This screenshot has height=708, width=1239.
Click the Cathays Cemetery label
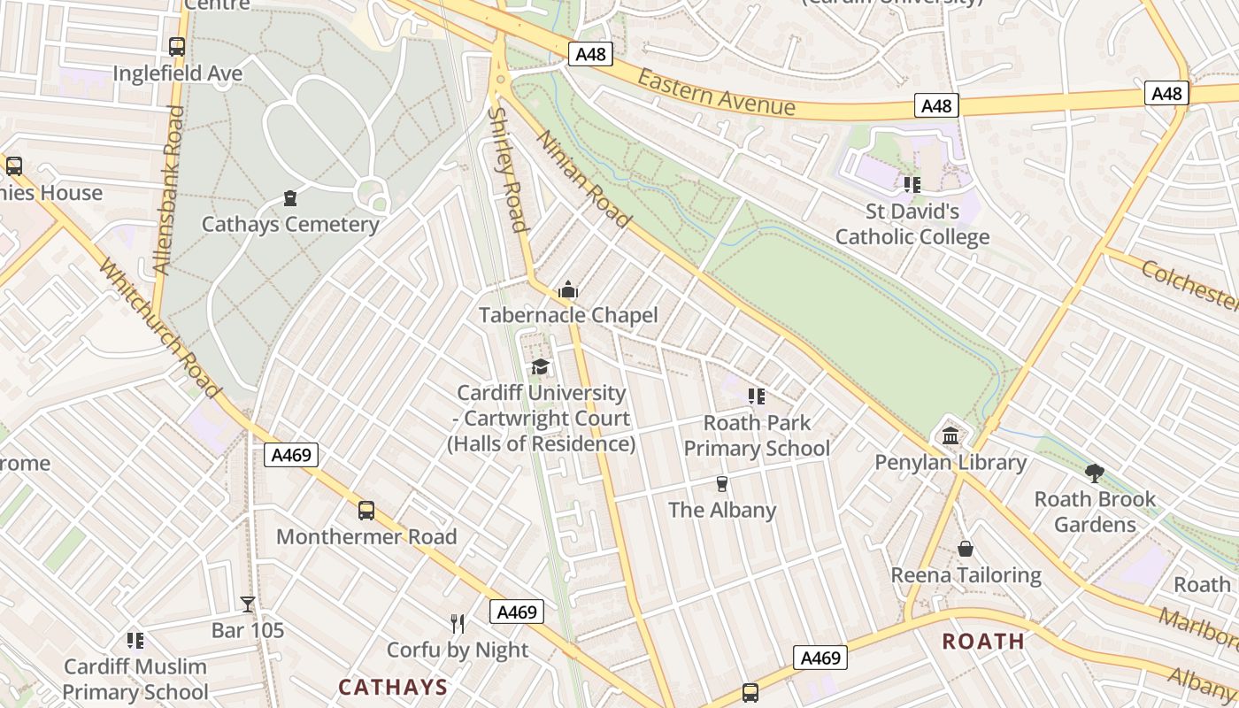tap(290, 224)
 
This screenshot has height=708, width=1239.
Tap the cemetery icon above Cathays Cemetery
tap(290, 197)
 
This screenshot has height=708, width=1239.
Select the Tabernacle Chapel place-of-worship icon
tap(567, 289)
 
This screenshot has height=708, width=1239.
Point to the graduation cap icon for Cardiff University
tap(540, 366)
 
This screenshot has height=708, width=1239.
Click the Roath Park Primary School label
tap(757, 435)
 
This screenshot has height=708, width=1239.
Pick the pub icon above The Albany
tap(722, 483)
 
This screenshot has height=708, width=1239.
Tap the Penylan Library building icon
tap(950, 435)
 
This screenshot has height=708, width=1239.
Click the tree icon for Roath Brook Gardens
tap(1095, 473)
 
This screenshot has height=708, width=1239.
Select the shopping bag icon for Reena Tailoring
tap(966, 549)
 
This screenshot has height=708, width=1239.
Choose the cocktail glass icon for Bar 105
tap(248, 604)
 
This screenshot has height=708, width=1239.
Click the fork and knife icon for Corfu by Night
tap(458, 624)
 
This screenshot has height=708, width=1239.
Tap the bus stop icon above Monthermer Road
tap(366, 511)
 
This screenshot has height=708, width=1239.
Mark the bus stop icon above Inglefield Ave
tap(177, 47)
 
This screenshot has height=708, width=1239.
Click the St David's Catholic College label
tap(912, 225)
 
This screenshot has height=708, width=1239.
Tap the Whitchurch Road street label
tap(159, 327)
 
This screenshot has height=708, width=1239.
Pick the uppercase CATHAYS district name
tap(393, 687)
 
